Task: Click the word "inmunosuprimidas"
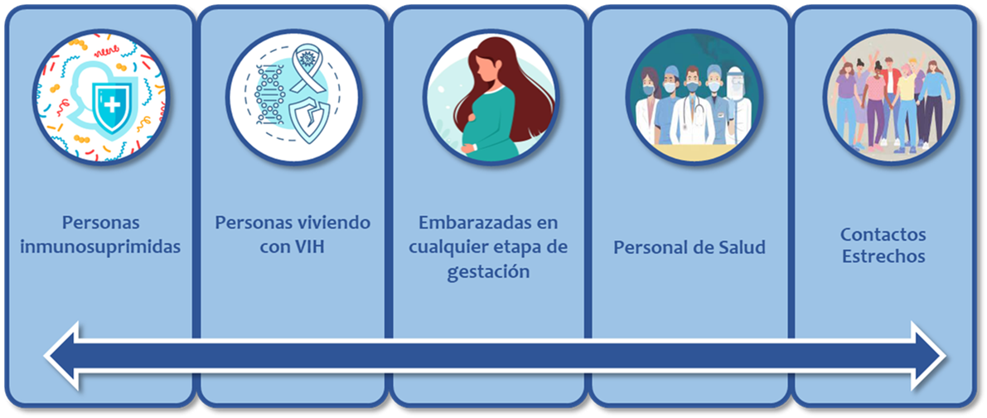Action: click(101, 247)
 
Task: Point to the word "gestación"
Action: click(488, 273)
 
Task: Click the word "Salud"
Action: click(741, 247)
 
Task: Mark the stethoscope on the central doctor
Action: click(697, 112)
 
